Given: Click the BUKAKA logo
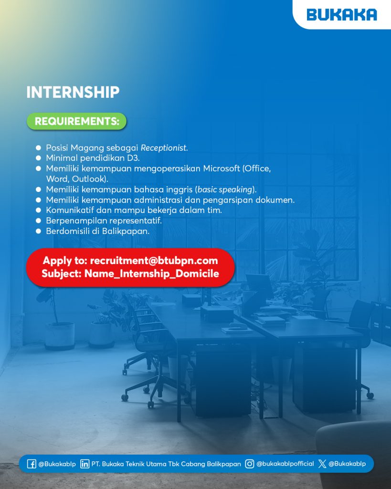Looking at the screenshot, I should pos(341,15).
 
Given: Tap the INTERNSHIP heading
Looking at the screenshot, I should pos(73,93).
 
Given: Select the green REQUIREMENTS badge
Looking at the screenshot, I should pos(76,121).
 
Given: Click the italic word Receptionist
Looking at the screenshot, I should pos(164,148).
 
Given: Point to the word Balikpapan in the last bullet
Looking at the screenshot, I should pos(126,231).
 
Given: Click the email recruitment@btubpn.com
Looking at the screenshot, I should pos(154,261).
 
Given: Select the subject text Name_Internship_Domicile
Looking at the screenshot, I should pos(151,274).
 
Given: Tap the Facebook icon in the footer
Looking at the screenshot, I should pos(32,464).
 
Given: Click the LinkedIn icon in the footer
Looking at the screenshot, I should pos(85,464).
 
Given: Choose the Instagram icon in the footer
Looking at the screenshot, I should pos(249,464).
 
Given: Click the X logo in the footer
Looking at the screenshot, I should pos(322,464).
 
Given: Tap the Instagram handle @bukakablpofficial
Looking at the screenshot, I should pos(285,464).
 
